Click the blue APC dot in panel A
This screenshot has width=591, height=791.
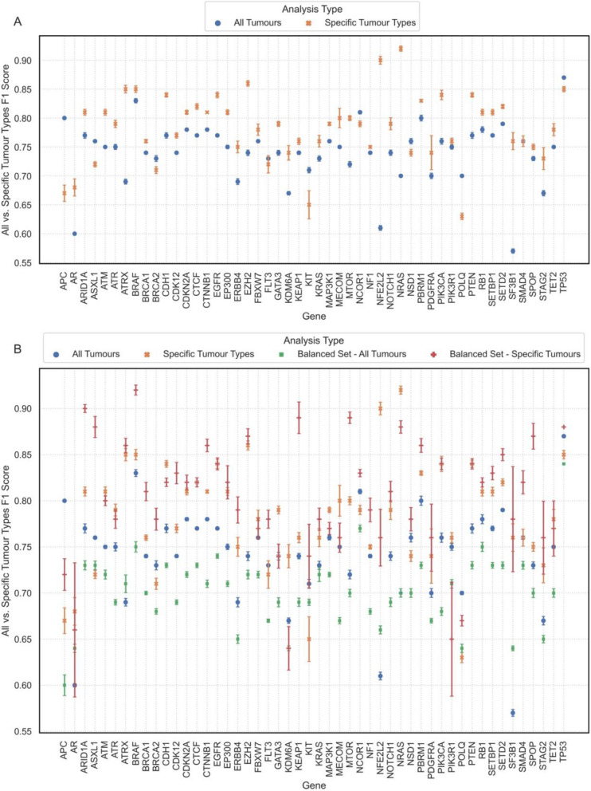pyautogui.click(x=64, y=118)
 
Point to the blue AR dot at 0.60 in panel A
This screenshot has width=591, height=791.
pyautogui.click(x=74, y=234)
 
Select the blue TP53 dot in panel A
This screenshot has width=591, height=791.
pyautogui.click(x=564, y=77)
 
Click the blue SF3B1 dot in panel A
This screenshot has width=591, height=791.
pyautogui.click(x=512, y=251)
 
